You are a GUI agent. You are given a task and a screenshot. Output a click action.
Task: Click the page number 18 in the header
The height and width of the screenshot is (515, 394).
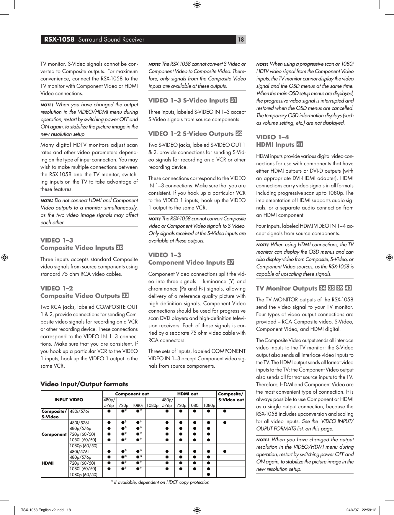click(241, 40)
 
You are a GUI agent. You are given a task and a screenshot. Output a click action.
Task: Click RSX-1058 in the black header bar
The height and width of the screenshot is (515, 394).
click(59, 39)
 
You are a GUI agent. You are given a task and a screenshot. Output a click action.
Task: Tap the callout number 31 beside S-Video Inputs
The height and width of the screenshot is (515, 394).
click(233, 100)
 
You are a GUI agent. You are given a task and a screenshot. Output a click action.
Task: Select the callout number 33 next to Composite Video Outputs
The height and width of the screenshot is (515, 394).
click(125, 296)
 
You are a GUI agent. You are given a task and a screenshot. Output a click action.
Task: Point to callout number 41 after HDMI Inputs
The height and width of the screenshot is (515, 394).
click(300, 144)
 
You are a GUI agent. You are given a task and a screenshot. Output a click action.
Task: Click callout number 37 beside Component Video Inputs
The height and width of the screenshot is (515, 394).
click(231, 262)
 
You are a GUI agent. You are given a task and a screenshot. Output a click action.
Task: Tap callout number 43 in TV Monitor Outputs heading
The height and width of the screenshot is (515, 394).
click(348, 288)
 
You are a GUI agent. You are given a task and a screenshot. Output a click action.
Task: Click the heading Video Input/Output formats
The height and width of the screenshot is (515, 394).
click(84, 384)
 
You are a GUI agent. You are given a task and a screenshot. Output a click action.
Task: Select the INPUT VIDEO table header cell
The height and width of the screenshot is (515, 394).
click(69, 400)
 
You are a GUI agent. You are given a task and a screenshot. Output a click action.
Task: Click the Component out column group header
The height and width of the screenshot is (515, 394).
click(132, 394)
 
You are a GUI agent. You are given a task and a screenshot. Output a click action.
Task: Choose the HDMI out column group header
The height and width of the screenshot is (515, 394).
click(187, 394)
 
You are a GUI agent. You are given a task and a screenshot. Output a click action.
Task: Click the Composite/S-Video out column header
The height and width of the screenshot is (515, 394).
click(231, 397)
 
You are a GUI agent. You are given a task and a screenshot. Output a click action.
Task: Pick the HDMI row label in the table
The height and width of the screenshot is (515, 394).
click(48, 463)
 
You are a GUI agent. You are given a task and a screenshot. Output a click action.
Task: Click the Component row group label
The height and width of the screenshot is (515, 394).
click(54, 434)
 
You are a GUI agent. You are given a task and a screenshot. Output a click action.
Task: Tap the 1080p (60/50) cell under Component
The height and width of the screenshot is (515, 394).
click(84, 446)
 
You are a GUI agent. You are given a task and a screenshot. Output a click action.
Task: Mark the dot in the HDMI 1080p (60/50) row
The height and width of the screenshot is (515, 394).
click(208, 474)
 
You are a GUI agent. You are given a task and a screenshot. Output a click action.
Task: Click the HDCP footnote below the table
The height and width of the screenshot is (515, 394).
click(160, 482)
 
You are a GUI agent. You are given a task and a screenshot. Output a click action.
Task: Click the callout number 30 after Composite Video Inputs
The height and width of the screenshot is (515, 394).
click(120, 247)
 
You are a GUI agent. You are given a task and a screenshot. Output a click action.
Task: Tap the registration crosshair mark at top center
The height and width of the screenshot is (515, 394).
click(197, 4)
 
